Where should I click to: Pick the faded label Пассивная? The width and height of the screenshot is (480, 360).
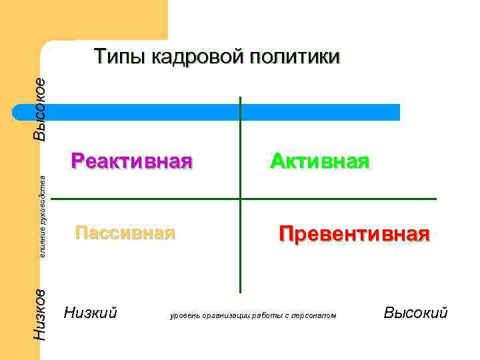[125, 233]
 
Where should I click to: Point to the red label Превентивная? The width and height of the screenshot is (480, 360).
[354, 235]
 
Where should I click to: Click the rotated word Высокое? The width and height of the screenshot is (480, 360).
[40, 109]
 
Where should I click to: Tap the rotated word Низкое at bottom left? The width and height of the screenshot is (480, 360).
[40, 315]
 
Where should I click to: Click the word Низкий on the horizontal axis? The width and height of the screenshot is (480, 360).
[91, 312]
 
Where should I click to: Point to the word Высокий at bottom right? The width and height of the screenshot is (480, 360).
[415, 312]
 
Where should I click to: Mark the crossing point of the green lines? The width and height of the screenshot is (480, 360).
[240, 199]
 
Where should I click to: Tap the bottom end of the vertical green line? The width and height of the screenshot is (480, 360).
[240, 292]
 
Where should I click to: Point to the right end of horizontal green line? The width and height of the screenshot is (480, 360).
[435, 199]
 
